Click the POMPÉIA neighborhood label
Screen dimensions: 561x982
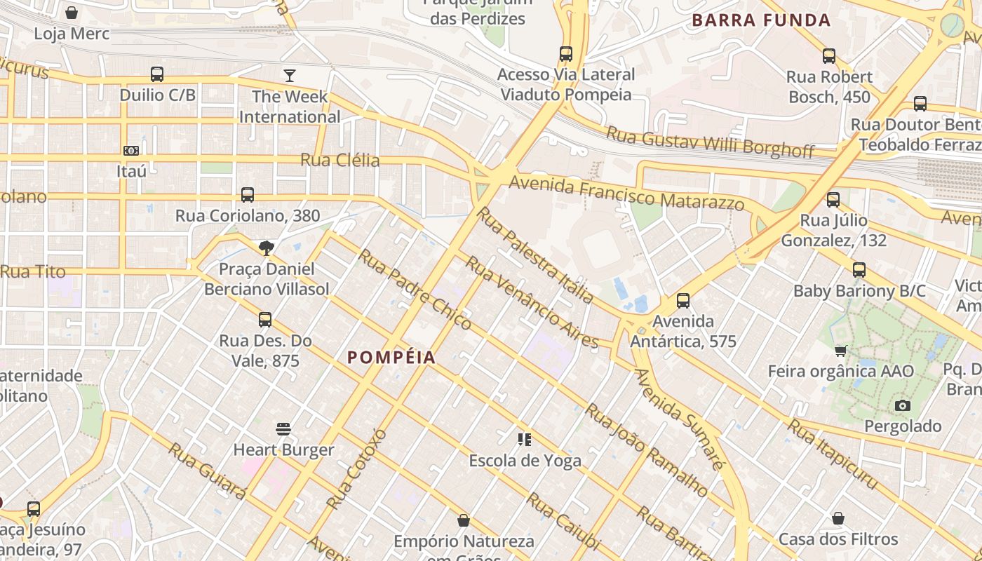click(x=391, y=358)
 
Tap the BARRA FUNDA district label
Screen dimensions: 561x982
click(x=761, y=20)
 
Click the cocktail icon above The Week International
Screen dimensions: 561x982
click(x=289, y=76)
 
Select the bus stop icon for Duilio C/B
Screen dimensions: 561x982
click(x=157, y=74)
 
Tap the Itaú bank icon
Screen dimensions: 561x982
click(x=131, y=151)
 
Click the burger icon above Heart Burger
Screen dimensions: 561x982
click(x=283, y=428)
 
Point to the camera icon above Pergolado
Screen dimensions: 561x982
click(x=903, y=405)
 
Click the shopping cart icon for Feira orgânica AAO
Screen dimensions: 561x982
click(x=840, y=351)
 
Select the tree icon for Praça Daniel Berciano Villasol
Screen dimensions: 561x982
click(x=266, y=248)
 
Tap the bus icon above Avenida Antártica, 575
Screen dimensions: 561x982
click(x=683, y=301)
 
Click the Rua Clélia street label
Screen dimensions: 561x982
click(x=340, y=161)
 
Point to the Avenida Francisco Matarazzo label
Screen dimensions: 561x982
click(x=626, y=194)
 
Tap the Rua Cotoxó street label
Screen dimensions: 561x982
click(x=357, y=468)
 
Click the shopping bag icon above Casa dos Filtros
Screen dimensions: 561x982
click(x=838, y=518)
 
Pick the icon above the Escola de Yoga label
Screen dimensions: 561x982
click(x=525, y=440)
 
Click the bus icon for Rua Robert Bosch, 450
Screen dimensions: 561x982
click(x=829, y=56)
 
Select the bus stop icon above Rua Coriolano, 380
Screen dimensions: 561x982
click(x=248, y=195)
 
